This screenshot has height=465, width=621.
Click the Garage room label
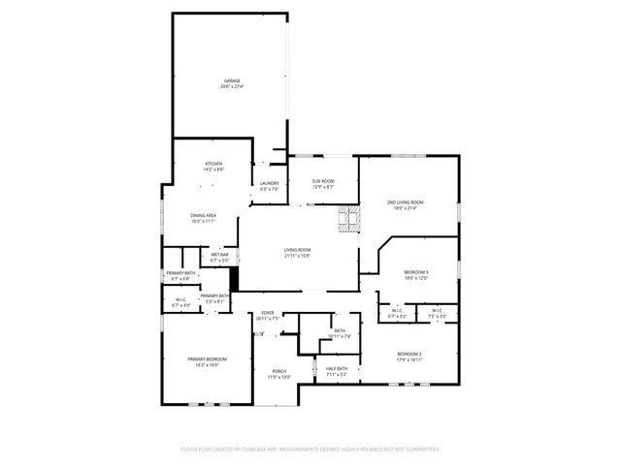tap(232, 80)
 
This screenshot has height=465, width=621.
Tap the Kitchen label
tap(213, 164)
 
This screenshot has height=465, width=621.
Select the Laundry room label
tap(269, 183)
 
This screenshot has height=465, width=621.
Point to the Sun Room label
tap(323, 181)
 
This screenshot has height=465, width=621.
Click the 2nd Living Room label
tap(405, 201)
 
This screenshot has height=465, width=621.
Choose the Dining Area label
tap(203, 215)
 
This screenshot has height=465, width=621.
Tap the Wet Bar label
tap(219, 255)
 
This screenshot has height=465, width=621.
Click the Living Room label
tap(297, 250)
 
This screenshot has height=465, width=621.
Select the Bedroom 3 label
tap(414, 272)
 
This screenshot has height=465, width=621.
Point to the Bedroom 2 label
tap(409, 354)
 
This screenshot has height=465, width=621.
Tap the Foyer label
tap(268, 313)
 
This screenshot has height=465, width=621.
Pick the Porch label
tap(278, 371)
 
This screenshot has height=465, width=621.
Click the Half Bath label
tap(337, 368)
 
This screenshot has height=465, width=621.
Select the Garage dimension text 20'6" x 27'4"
tap(232, 86)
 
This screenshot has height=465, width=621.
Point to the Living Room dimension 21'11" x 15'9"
tap(297, 256)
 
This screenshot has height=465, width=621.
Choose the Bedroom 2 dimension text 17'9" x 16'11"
tap(409, 359)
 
